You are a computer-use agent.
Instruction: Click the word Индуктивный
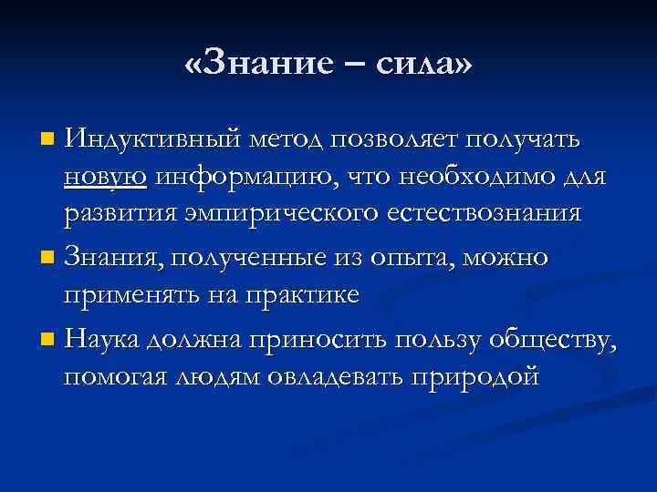(151, 139)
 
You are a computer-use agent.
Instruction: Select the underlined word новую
(105, 176)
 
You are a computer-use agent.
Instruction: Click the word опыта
(414, 258)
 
